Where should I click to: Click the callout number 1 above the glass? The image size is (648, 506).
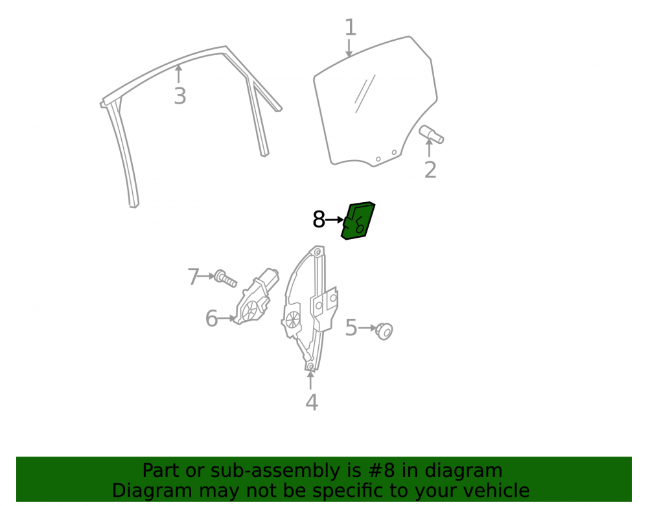(350, 27)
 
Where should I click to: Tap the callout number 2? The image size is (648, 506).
(430, 170)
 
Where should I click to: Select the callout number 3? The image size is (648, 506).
(179, 96)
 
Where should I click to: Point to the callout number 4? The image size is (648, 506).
(312, 402)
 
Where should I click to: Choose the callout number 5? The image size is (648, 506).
(351, 328)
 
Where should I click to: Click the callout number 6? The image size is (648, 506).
(212, 319)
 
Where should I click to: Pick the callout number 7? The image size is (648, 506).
(193, 277)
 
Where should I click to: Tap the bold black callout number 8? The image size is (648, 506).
(319, 220)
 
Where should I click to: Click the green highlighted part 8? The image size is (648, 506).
(358, 220)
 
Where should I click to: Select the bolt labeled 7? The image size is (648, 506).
(226, 279)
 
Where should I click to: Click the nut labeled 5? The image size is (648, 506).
(384, 331)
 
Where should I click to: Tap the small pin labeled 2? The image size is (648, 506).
(432, 135)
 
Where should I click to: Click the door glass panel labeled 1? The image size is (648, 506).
(375, 102)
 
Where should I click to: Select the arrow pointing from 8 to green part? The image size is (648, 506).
(335, 220)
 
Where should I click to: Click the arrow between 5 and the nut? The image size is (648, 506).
(367, 328)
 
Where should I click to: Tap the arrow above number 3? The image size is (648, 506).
(179, 74)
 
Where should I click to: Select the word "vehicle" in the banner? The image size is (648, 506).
(500, 490)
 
